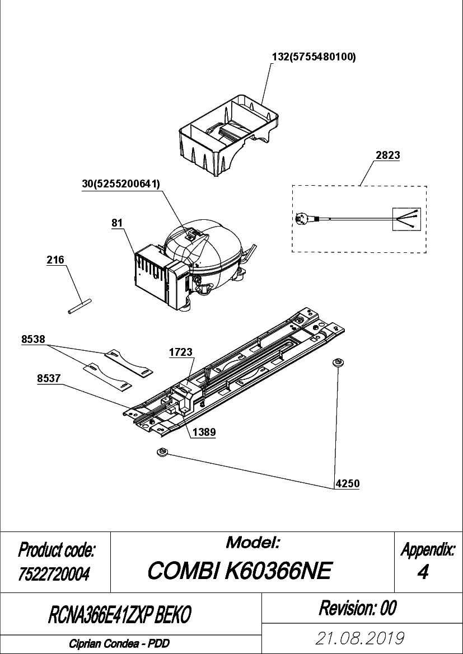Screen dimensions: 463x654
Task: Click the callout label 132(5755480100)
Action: [314, 58]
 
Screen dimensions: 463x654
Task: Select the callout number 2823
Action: [388, 155]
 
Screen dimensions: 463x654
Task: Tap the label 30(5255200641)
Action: [121, 185]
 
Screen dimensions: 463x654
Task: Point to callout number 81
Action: [117, 223]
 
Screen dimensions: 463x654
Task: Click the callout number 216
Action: [55, 260]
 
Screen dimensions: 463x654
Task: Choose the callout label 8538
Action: [33, 340]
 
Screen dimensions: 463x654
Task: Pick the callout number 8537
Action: [49, 378]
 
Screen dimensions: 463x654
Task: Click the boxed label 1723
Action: [181, 352]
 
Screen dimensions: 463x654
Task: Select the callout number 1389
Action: [204, 432]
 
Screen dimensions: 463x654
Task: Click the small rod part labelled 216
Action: [79, 306]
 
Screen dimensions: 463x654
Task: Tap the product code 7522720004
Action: [53, 575]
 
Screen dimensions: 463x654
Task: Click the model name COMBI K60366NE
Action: [240, 571]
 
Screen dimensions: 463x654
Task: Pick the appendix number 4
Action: [423, 572]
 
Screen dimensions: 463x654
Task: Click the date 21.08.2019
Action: [361, 638]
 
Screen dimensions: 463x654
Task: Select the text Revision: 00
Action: [357, 608]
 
